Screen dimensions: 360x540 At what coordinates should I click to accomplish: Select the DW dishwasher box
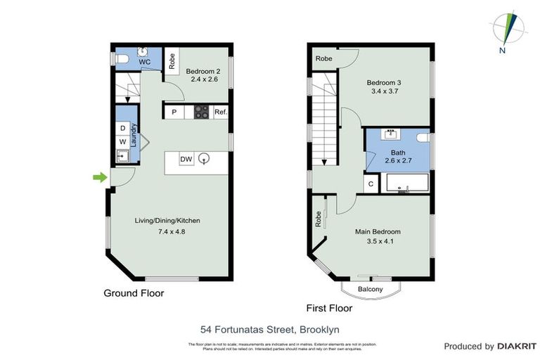click(x=186, y=160)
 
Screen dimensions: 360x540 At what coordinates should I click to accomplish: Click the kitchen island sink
click(x=204, y=159)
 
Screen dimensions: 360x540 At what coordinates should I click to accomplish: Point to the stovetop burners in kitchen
click(x=201, y=112)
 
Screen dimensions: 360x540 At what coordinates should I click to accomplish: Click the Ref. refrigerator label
click(x=220, y=112)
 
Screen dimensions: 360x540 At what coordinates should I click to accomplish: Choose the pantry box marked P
click(x=173, y=112)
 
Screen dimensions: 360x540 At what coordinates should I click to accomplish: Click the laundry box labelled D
click(x=122, y=128)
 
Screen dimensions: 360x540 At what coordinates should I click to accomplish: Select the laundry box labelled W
click(x=122, y=141)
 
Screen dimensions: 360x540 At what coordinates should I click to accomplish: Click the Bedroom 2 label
click(x=203, y=70)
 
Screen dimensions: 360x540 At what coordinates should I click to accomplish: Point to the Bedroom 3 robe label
click(x=323, y=58)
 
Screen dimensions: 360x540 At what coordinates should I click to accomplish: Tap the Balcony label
click(x=370, y=289)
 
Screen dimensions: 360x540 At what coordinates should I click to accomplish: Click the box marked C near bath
click(x=371, y=184)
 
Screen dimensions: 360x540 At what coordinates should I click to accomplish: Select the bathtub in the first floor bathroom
click(x=406, y=184)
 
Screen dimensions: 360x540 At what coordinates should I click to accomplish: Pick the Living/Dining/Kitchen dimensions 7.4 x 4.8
click(x=167, y=231)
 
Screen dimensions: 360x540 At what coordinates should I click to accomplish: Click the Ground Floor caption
click(x=134, y=292)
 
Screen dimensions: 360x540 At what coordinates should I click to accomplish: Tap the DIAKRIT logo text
click(x=517, y=346)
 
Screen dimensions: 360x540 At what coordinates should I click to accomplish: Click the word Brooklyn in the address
click(x=320, y=328)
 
